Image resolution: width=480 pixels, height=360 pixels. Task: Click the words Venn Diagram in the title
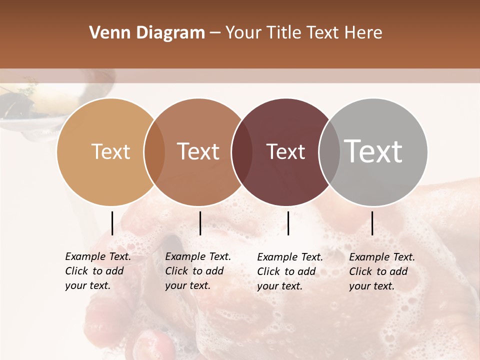click(x=147, y=33)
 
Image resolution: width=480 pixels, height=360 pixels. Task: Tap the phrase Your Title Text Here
click(x=303, y=33)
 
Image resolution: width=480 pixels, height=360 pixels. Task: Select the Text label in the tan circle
click(x=110, y=151)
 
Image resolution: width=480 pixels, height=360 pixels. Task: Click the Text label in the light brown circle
click(x=198, y=151)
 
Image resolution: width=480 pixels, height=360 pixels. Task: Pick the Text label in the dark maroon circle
click(x=285, y=151)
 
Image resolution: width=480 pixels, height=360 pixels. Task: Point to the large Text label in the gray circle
click(x=373, y=151)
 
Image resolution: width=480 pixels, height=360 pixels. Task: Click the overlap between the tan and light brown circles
click(x=154, y=152)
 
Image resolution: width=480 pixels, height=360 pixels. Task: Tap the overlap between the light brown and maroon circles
click(x=242, y=152)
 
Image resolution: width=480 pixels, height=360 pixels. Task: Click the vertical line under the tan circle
click(x=112, y=223)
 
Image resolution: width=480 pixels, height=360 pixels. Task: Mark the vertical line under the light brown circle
click(x=200, y=223)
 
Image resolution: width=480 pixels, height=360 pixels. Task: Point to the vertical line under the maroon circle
click(x=288, y=223)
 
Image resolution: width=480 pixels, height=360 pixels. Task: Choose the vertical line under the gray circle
click(x=372, y=223)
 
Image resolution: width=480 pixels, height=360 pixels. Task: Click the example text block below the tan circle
click(x=98, y=271)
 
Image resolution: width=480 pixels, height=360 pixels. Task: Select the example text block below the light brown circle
click(x=198, y=271)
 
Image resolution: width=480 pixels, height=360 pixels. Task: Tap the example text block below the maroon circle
click(x=290, y=271)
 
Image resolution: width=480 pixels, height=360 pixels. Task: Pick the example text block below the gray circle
click(x=382, y=271)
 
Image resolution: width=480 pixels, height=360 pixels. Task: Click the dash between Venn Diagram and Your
click(x=215, y=33)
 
